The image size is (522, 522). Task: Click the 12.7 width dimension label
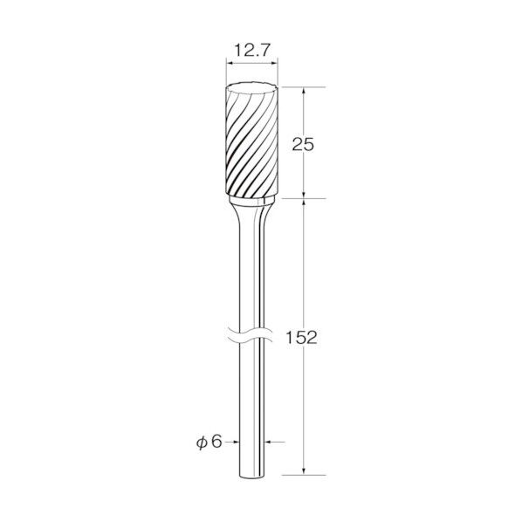pos(251,51)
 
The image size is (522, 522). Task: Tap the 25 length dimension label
pos(303,145)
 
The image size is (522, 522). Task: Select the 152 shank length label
pos(302,338)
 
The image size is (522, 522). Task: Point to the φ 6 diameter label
pos(209,442)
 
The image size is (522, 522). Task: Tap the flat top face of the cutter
pos(251,87)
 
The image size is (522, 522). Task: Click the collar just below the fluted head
pos(252,201)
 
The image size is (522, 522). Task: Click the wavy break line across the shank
pos(251,335)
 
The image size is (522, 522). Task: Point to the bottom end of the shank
pos(252,476)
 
